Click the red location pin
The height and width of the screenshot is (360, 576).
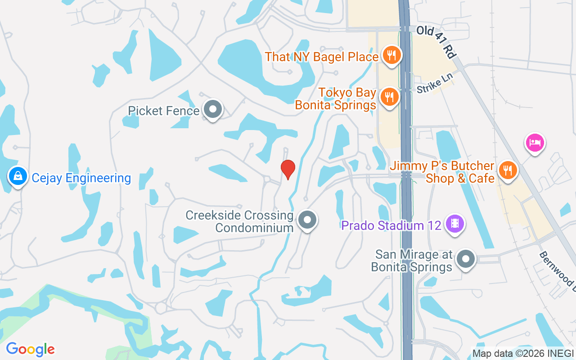288,169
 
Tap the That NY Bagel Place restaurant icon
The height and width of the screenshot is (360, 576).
391,56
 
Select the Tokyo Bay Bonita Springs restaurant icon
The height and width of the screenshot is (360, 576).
389,97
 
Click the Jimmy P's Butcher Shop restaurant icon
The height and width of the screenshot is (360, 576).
508,171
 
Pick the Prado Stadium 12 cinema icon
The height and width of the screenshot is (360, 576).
455,224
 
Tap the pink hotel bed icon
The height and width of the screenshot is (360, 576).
535,143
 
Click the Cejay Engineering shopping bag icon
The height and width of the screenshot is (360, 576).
17,176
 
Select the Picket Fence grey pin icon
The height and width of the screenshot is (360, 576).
212,109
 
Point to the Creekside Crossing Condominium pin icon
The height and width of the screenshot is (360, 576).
308,220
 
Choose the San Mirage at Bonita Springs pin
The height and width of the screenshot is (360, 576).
466,260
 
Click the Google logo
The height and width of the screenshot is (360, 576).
30,349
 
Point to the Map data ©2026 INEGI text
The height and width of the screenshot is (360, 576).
523,353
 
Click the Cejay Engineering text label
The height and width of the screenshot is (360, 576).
81,178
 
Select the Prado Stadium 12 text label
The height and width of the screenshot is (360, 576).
391,225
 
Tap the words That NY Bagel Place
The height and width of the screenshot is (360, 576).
321,57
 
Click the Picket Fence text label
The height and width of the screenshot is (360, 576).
163,111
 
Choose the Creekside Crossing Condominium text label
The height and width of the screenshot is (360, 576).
240,221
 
